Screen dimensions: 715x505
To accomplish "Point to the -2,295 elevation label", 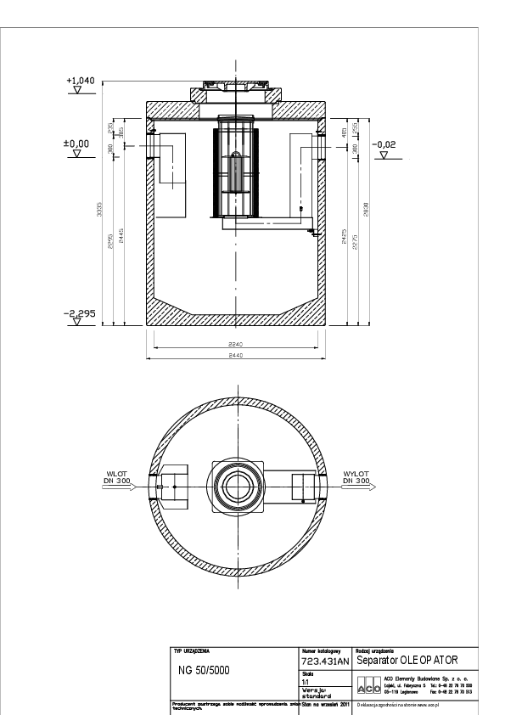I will (81, 313).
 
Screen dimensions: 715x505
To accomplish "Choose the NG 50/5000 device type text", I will (203, 669).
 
